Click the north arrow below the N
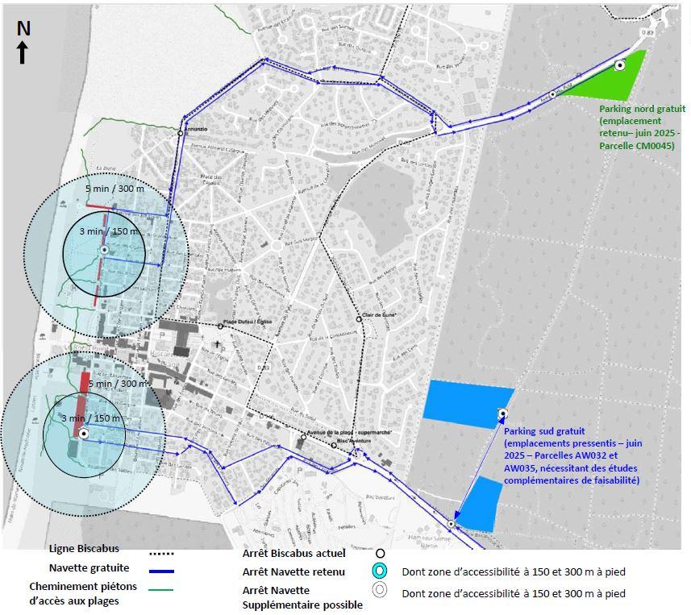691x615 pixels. point(23,52)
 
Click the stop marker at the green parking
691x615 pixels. point(619,65)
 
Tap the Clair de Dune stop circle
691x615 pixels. point(359,318)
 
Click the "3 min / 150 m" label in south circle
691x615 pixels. point(91,418)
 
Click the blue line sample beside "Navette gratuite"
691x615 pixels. point(162,570)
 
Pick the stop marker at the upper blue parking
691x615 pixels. point(503,413)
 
